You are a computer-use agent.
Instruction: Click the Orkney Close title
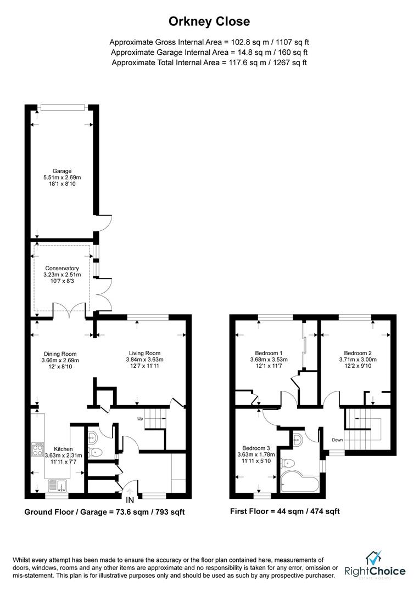(209, 22)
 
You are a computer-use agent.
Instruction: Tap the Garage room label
(62, 171)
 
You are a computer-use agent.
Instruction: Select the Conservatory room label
(62, 268)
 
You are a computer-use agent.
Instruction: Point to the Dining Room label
(60, 354)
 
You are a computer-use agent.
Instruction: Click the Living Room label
(144, 353)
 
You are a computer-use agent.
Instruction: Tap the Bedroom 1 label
(269, 353)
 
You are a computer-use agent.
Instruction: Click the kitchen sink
(57, 485)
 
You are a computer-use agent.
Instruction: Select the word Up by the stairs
(141, 419)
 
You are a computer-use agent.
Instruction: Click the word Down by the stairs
(337, 440)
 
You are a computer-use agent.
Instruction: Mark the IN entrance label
(130, 500)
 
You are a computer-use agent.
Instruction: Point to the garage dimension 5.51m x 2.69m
(62, 178)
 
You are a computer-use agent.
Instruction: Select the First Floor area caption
(285, 511)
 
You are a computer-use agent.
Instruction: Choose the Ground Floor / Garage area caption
(104, 512)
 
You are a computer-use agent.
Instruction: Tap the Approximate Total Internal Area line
(209, 62)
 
